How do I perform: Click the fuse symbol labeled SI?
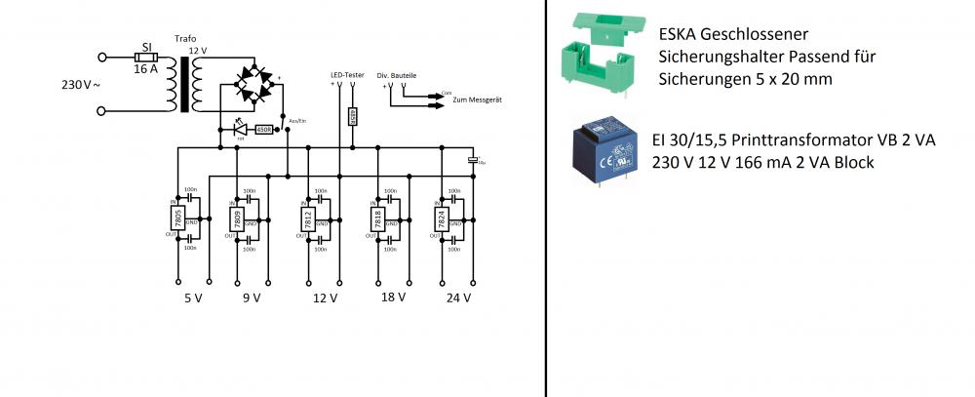(145, 57)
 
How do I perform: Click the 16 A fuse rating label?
(144, 69)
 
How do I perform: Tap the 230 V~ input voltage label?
(81, 85)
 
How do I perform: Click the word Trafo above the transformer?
(185, 39)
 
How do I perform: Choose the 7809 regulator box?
(236, 218)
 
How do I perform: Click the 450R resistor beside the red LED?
(263, 129)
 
